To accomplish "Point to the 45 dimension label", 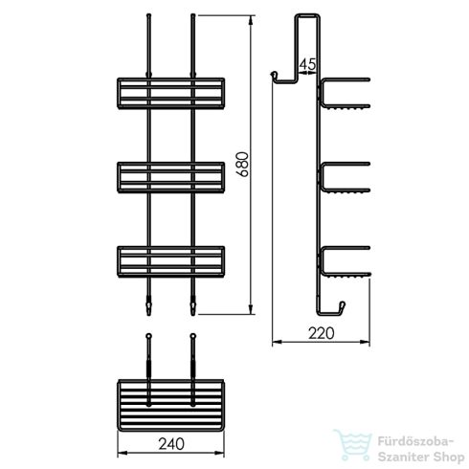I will (x=307, y=64).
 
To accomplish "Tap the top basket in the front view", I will (x=171, y=92).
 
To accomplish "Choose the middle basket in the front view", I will (x=171, y=177).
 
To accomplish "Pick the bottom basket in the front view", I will (x=171, y=261).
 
